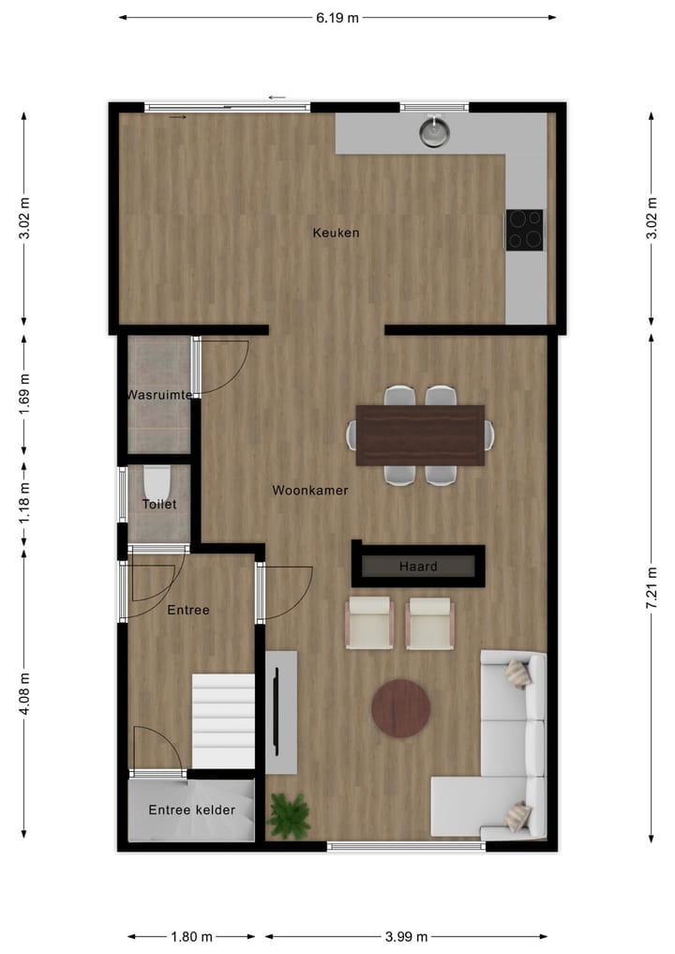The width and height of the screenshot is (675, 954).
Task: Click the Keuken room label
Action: click(x=336, y=233)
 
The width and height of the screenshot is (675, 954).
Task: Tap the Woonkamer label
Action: click(x=310, y=491)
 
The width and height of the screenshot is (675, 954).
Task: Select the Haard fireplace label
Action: click(x=418, y=567)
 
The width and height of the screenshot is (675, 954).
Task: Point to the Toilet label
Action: click(x=159, y=505)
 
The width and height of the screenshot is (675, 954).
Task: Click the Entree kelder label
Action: click(x=191, y=810)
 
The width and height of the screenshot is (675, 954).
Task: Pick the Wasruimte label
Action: click(x=159, y=396)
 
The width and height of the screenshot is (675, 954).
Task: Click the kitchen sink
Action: click(x=433, y=131)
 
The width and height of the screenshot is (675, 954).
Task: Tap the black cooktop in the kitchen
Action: click(x=524, y=229)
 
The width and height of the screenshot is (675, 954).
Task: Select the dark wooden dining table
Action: click(x=420, y=435)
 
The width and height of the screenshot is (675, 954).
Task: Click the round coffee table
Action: click(x=400, y=708)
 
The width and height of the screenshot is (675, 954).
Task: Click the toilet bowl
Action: click(x=156, y=482)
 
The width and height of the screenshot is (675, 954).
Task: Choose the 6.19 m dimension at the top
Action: click(x=337, y=17)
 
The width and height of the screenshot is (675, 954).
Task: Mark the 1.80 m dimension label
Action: click(x=192, y=936)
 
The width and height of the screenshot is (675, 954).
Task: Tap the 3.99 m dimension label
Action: click(x=407, y=936)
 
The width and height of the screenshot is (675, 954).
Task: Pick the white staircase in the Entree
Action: click(x=223, y=720)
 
